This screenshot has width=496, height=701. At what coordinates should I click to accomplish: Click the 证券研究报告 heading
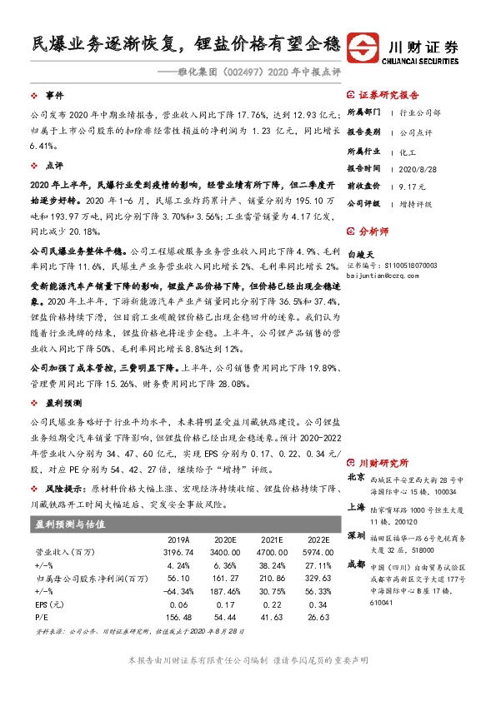[x=388, y=95]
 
